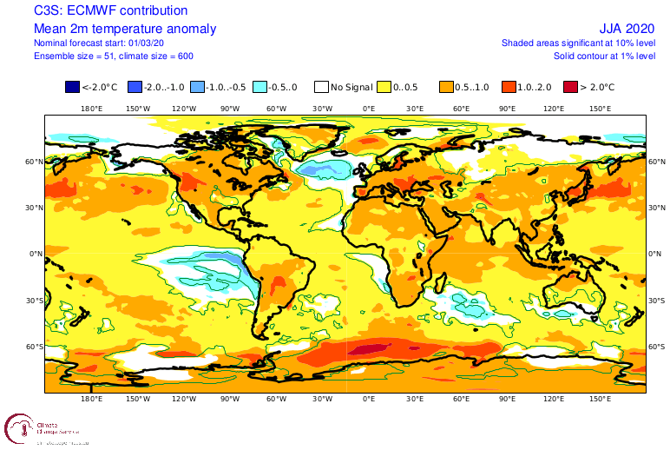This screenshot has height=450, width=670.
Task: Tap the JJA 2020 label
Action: pyautogui.click(x=627, y=29)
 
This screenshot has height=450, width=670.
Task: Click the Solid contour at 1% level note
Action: pyautogui.click(x=604, y=56)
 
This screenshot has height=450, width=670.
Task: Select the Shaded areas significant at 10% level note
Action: pyautogui.click(x=578, y=43)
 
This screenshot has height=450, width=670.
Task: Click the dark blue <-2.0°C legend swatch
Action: pyautogui.click(x=72, y=87)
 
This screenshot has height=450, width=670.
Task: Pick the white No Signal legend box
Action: pyautogui.click(x=321, y=87)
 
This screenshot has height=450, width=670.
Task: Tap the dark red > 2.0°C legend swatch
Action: pyautogui.click(x=570, y=87)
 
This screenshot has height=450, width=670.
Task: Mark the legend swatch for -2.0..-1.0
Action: pyautogui.click(x=135, y=87)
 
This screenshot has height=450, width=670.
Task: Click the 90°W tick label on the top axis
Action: pyautogui.click(x=230, y=109)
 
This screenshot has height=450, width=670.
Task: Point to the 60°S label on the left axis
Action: pyautogui.click(x=35, y=347)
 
